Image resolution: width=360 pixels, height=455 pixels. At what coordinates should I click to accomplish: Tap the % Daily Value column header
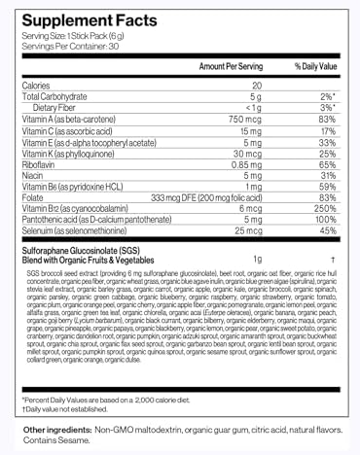[x=315, y=66]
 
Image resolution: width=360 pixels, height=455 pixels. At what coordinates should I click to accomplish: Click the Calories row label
[x=36, y=86]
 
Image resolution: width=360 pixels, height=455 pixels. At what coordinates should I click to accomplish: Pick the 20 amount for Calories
[x=256, y=86]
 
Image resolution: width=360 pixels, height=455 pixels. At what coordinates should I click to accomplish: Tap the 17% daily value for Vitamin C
[x=328, y=130]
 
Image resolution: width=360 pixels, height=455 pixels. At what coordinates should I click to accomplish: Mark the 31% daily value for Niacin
[x=328, y=176]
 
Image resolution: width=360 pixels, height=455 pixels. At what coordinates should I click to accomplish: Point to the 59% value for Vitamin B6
[x=328, y=187]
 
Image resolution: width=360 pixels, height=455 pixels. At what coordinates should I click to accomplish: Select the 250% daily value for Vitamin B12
[x=325, y=209]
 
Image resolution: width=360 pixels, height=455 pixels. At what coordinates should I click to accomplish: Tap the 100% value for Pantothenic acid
[x=325, y=220]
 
